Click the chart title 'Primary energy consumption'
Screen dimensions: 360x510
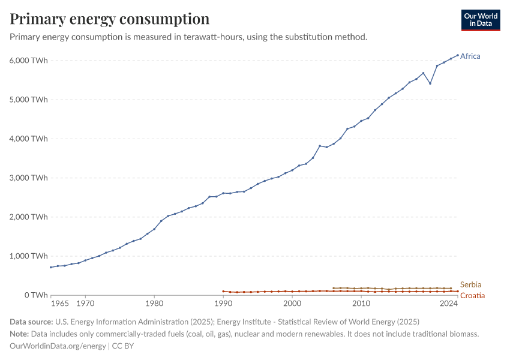110,19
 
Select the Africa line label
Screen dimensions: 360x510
470,56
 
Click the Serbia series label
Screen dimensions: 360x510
471,284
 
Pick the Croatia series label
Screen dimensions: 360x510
472,296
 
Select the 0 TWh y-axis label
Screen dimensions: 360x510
35,295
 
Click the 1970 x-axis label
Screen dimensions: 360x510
85,304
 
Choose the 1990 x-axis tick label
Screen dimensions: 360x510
223,304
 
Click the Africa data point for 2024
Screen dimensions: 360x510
458,55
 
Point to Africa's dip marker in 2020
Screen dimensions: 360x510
430,83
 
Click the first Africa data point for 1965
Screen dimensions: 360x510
51,267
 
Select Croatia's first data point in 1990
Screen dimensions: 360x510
223,291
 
